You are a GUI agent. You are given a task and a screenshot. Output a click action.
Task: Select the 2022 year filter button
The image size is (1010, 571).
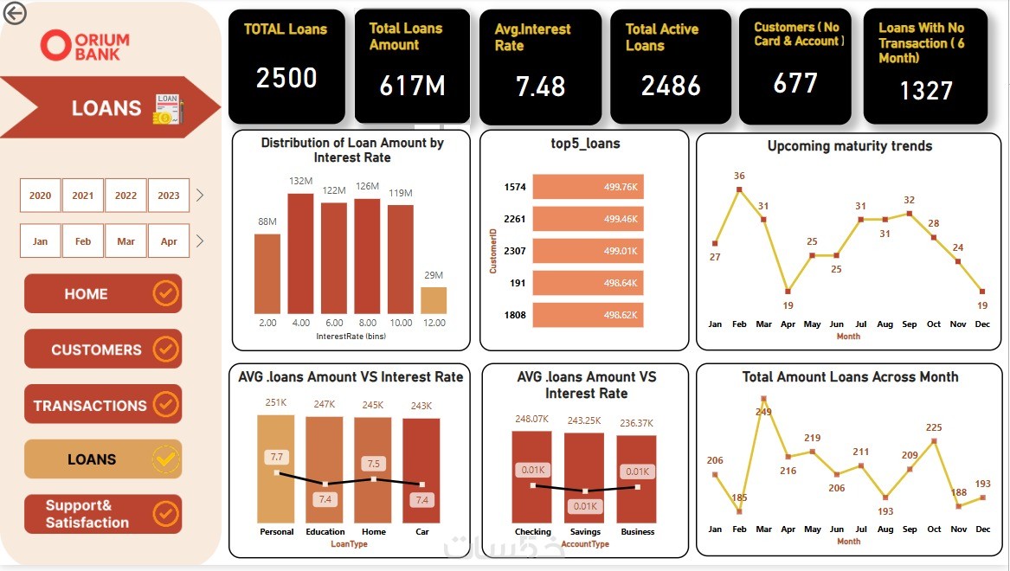click(125, 196)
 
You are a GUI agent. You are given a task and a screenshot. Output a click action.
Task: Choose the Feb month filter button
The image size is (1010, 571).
click(83, 241)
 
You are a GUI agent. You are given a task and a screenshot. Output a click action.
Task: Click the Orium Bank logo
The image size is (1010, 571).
click(85, 46)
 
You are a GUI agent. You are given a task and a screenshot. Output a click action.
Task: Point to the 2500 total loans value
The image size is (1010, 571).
click(286, 79)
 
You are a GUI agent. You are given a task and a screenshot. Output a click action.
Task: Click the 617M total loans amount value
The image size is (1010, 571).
click(412, 86)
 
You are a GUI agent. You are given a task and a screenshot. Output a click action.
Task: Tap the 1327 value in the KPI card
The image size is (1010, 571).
click(925, 91)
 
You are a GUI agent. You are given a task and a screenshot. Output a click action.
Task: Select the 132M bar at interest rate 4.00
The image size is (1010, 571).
click(300, 253)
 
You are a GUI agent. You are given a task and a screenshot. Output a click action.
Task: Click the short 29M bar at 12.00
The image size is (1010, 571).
click(434, 300)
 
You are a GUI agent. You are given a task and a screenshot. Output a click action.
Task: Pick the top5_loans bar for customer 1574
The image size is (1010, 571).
click(589, 187)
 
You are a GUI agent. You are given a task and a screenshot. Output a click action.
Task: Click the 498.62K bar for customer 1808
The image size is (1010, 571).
click(589, 315)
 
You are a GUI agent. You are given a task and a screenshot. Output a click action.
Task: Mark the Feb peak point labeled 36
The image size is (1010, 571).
click(739, 189)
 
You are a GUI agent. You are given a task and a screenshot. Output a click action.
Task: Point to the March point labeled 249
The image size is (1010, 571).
click(763, 399)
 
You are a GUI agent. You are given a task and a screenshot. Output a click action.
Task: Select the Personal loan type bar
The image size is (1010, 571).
click(276, 467)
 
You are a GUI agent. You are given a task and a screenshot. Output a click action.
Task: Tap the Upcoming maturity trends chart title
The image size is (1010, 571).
click(849, 146)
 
